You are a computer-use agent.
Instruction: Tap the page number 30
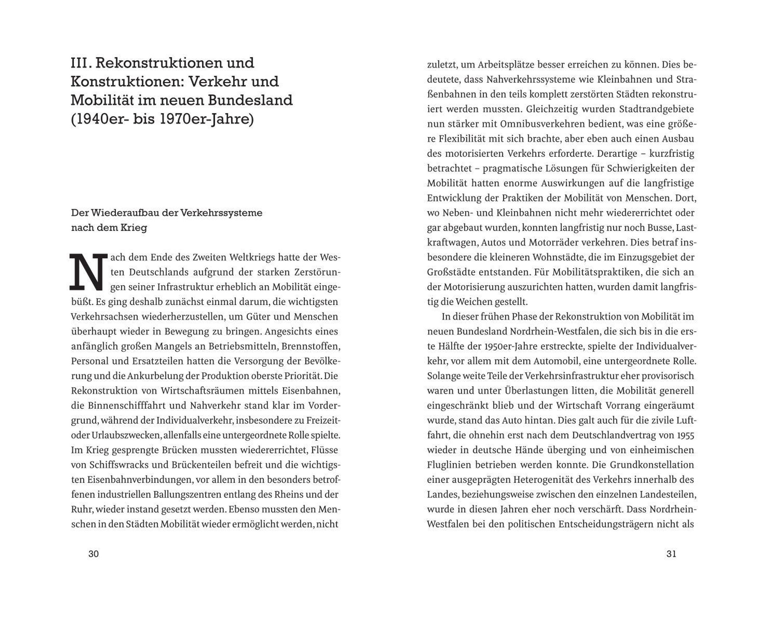click(x=94, y=554)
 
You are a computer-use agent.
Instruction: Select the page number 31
click(x=671, y=554)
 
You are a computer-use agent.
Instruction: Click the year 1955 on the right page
click(x=685, y=435)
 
